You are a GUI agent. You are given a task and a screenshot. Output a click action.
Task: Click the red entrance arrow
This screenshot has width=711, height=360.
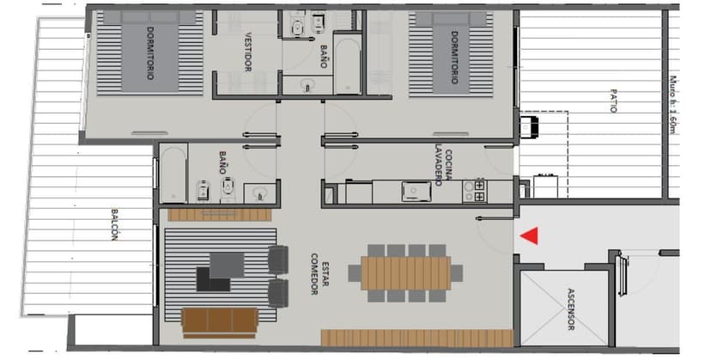coord(531,235)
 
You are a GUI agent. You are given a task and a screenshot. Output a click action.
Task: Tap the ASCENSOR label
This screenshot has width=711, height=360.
coord(571,310)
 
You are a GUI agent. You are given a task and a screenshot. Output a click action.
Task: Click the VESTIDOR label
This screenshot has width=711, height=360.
coord(247,52)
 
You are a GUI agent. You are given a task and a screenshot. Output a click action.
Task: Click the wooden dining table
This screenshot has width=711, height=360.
coord(405,273)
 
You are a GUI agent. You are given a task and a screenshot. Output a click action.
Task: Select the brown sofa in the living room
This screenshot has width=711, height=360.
coord(220,321)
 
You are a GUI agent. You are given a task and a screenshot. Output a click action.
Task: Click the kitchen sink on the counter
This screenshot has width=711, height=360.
coord(416,191)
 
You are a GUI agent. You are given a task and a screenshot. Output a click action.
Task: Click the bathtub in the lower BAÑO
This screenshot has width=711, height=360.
coord(173,174)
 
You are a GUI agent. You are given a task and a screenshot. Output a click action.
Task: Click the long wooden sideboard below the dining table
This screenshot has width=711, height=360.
coord(416,337)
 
